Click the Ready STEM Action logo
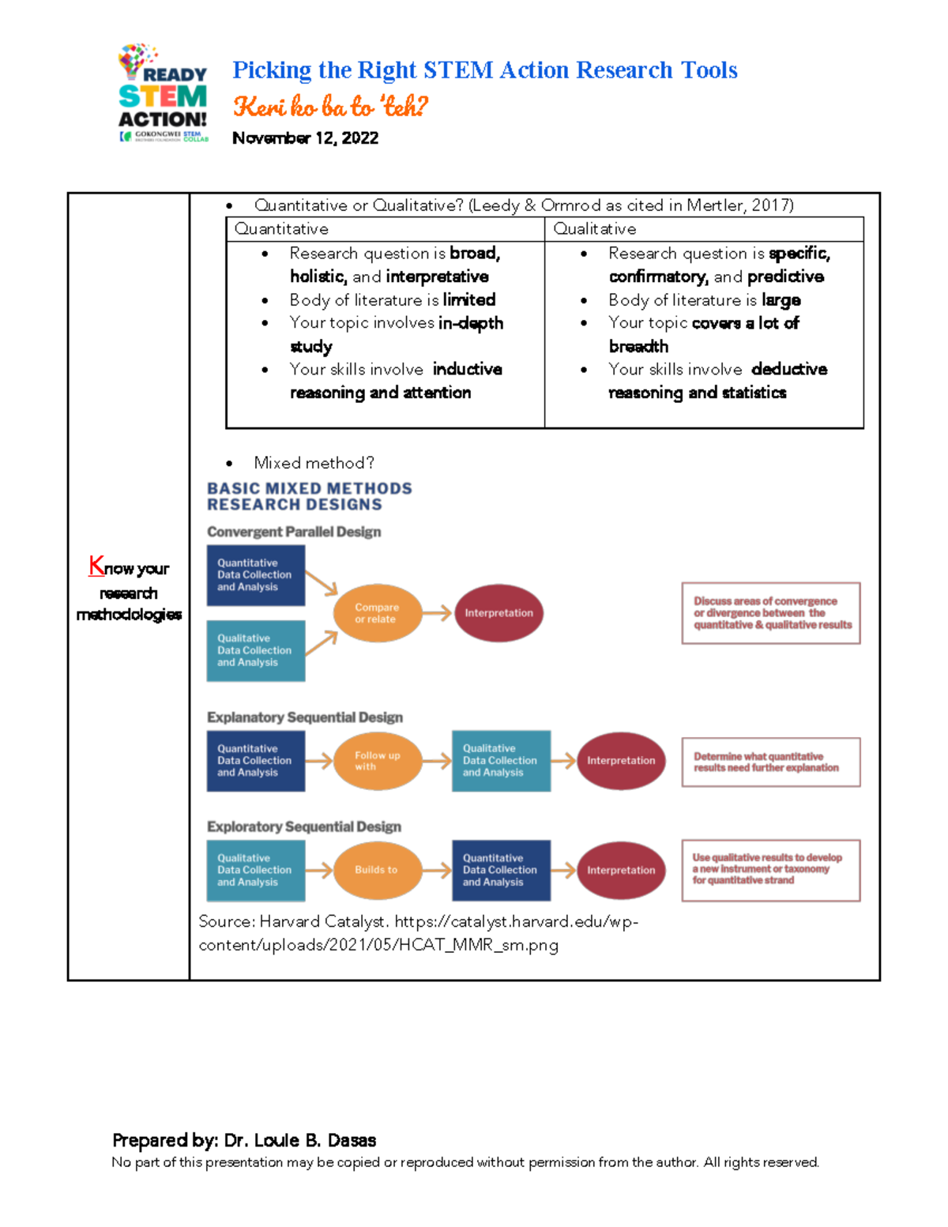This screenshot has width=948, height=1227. coord(163,94)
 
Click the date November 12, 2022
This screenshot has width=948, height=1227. coord(305,138)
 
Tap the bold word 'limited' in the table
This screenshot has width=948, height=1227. coord(469,300)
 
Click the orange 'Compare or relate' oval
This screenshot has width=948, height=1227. coord(377,613)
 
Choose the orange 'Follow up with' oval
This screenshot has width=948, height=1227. coord(377,761)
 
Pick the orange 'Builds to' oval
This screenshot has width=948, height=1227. coord(377,870)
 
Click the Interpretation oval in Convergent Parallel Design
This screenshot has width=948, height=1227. coord(498,613)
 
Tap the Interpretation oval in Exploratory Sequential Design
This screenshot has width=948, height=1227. coord(621,870)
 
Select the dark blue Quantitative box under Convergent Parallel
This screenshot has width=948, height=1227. coord(255,575)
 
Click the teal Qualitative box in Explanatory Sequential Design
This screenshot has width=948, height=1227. coord(501,761)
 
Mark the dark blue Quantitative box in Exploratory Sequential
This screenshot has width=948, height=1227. coord(501,870)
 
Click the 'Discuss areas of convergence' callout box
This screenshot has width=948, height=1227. coord(771,613)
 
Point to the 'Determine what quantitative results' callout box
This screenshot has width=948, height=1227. coord(771,762)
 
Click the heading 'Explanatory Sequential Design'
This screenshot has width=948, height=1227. coord(305,717)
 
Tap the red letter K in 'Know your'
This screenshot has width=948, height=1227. coord(96,566)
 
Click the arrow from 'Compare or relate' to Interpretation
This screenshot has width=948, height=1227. coord(437,613)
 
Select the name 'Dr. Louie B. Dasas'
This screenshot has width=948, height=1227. coord(299,1140)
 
